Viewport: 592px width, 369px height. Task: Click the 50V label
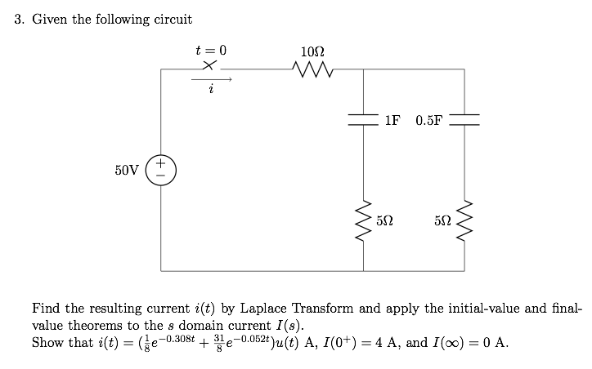pos(128,170)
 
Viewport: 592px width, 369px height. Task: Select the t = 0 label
pos(210,50)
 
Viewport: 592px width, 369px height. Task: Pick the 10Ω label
pos(314,51)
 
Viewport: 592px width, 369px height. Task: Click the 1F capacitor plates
pos(362,120)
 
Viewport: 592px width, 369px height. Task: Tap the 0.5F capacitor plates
pos(464,120)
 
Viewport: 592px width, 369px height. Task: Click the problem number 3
pos(19,19)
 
